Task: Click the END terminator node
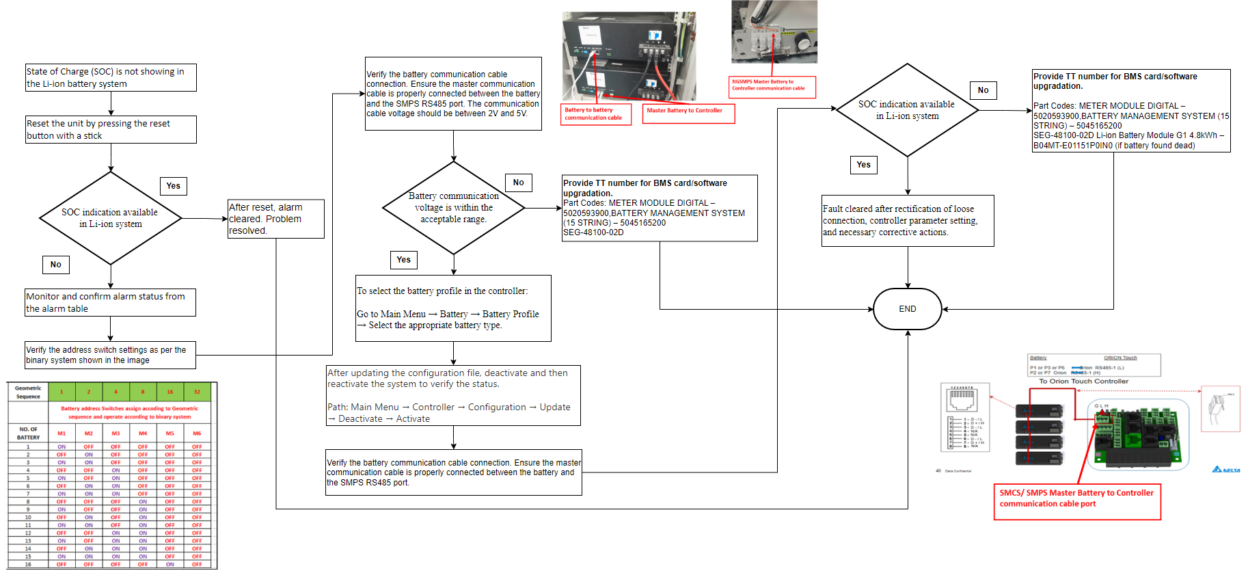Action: point(907,309)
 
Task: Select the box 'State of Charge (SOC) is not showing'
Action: point(111,77)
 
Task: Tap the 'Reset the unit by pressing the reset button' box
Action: point(111,129)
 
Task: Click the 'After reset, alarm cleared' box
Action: point(275,219)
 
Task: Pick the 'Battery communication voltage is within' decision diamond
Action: point(453,208)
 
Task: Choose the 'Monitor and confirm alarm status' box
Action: point(110,302)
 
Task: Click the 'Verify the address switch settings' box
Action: point(110,355)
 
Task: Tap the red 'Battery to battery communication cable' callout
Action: point(596,113)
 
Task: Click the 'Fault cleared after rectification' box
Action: point(907,221)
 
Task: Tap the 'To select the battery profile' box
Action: point(453,308)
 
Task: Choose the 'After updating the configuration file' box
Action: point(453,395)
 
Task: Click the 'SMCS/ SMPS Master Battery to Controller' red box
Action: point(1076,502)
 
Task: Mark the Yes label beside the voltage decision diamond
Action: point(403,260)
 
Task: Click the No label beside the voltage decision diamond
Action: point(518,183)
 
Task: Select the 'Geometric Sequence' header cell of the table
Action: point(28,392)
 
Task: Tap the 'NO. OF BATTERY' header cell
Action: point(28,433)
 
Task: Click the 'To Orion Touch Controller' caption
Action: point(1083,382)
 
